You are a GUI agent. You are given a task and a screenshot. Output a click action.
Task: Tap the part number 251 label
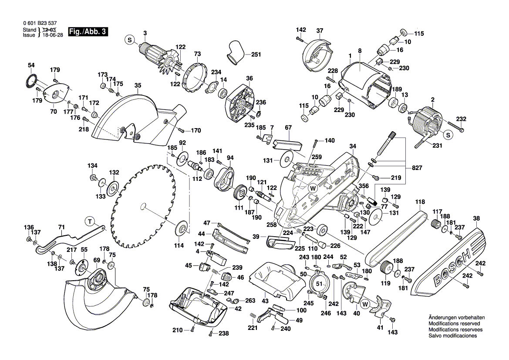(x=256, y=54)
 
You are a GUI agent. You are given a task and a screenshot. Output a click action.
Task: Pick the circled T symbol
(x=89, y=221)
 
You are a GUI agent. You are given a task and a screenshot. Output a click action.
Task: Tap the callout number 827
(x=417, y=167)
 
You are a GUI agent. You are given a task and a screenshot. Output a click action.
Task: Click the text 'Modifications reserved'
(x=454, y=324)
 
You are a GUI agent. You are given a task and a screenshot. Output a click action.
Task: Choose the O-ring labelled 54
(x=30, y=81)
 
